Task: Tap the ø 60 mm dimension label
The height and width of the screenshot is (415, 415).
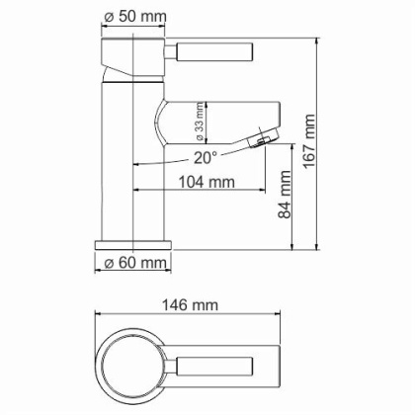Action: [x=136, y=263]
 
